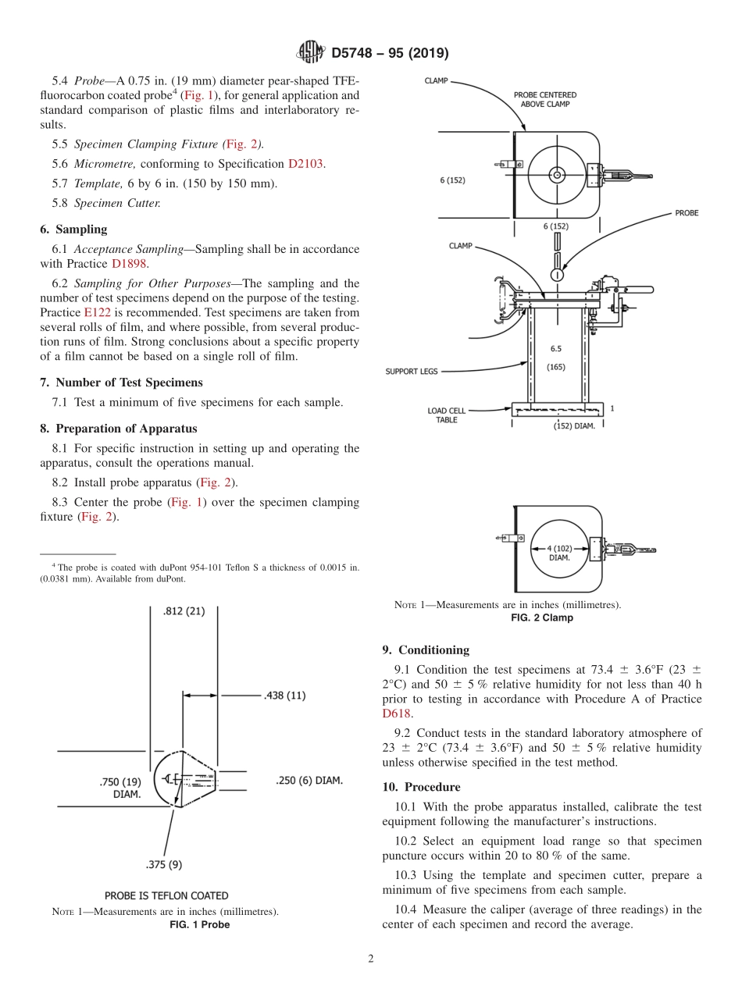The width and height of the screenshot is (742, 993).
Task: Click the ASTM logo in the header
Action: point(310,53)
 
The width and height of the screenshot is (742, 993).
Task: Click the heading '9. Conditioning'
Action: point(426,650)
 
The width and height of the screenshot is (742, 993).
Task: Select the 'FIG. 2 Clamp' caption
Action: point(541,618)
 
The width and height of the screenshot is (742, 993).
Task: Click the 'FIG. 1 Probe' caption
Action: point(200,925)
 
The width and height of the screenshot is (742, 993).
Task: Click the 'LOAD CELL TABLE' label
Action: point(447,415)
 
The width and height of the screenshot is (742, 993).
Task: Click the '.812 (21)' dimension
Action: point(184,611)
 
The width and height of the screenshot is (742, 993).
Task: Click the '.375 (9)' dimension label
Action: point(163,864)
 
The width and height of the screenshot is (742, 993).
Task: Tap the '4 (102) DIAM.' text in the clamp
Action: point(559,553)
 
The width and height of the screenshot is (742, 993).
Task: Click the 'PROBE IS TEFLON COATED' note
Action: point(166,895)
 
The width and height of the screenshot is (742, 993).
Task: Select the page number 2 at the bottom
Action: point(371,959)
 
